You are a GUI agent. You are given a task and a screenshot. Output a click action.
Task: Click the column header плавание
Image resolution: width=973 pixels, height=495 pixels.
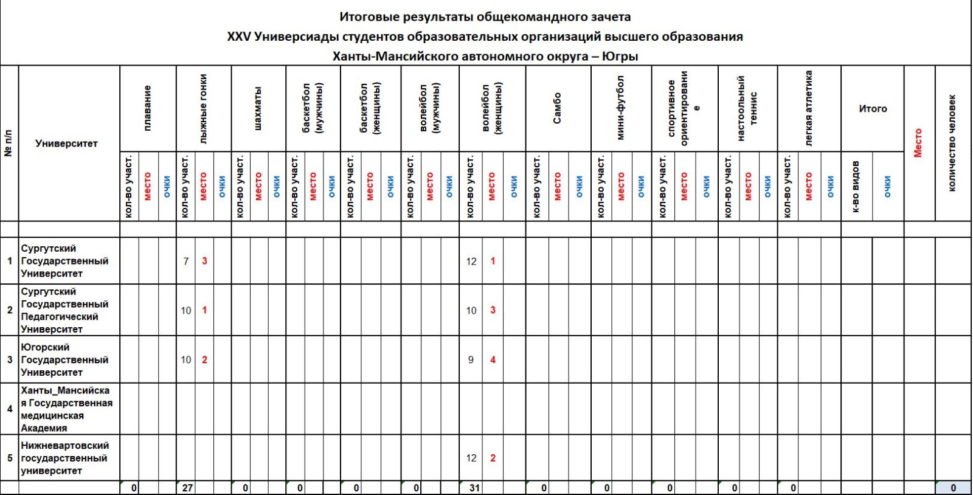pyautogui.click(x=148, y=108)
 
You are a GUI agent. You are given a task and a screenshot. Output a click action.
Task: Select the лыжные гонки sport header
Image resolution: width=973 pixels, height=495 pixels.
pyautogui.click(x=203, y=108)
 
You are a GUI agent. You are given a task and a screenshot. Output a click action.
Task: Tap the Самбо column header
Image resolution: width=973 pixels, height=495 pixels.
pyautogui.click(x=557, y=108)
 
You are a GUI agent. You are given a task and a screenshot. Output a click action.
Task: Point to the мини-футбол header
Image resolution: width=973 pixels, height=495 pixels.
pyautogui.click(x=620, y=108)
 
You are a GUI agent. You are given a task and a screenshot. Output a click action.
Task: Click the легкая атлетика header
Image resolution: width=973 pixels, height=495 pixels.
pyautogui.click(x=808, y=108)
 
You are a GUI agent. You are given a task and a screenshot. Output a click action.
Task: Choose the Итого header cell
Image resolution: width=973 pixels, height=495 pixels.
pyautogui.click(x=872, y=109)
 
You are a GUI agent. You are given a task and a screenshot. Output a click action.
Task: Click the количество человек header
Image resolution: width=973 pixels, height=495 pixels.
pyautogui.click(x=952, y=143)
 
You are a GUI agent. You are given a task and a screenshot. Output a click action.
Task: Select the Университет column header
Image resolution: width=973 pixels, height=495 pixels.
pyautogui.click(x=66, y=144)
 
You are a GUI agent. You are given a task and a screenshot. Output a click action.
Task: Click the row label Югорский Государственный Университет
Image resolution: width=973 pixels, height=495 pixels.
pyautogui.click(x=64, y=359)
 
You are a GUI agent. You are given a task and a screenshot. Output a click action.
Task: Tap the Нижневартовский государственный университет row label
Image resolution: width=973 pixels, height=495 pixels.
pyautogui.click(x=64, y=458)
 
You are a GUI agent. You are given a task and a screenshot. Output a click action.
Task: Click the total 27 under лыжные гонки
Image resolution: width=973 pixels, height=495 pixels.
pyautogui.click(x=187, y=488)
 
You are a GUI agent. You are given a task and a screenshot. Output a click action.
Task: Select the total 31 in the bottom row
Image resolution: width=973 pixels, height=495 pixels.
pyautogui.click(x=474, y=488)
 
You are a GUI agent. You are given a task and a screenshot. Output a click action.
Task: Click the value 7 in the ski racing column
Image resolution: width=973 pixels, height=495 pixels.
pyautogui.click(x=186, y=261)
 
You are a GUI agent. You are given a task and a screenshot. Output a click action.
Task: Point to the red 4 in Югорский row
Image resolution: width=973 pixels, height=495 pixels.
pyautogui.click(x=493, y=359)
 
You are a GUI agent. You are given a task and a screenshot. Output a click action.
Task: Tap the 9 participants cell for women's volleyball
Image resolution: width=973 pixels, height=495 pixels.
pyautogui.click(x=471, y=359)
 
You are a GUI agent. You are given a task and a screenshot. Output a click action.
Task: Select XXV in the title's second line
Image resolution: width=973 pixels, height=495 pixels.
pyautogui.click(x=239, y=36)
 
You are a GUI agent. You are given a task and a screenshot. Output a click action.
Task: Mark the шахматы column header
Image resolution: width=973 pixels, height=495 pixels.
pyautogui.click(x=258, y=108)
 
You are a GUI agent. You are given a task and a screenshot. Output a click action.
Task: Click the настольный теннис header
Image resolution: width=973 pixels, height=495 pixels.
pyautogui.click(x=747, y=108)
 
